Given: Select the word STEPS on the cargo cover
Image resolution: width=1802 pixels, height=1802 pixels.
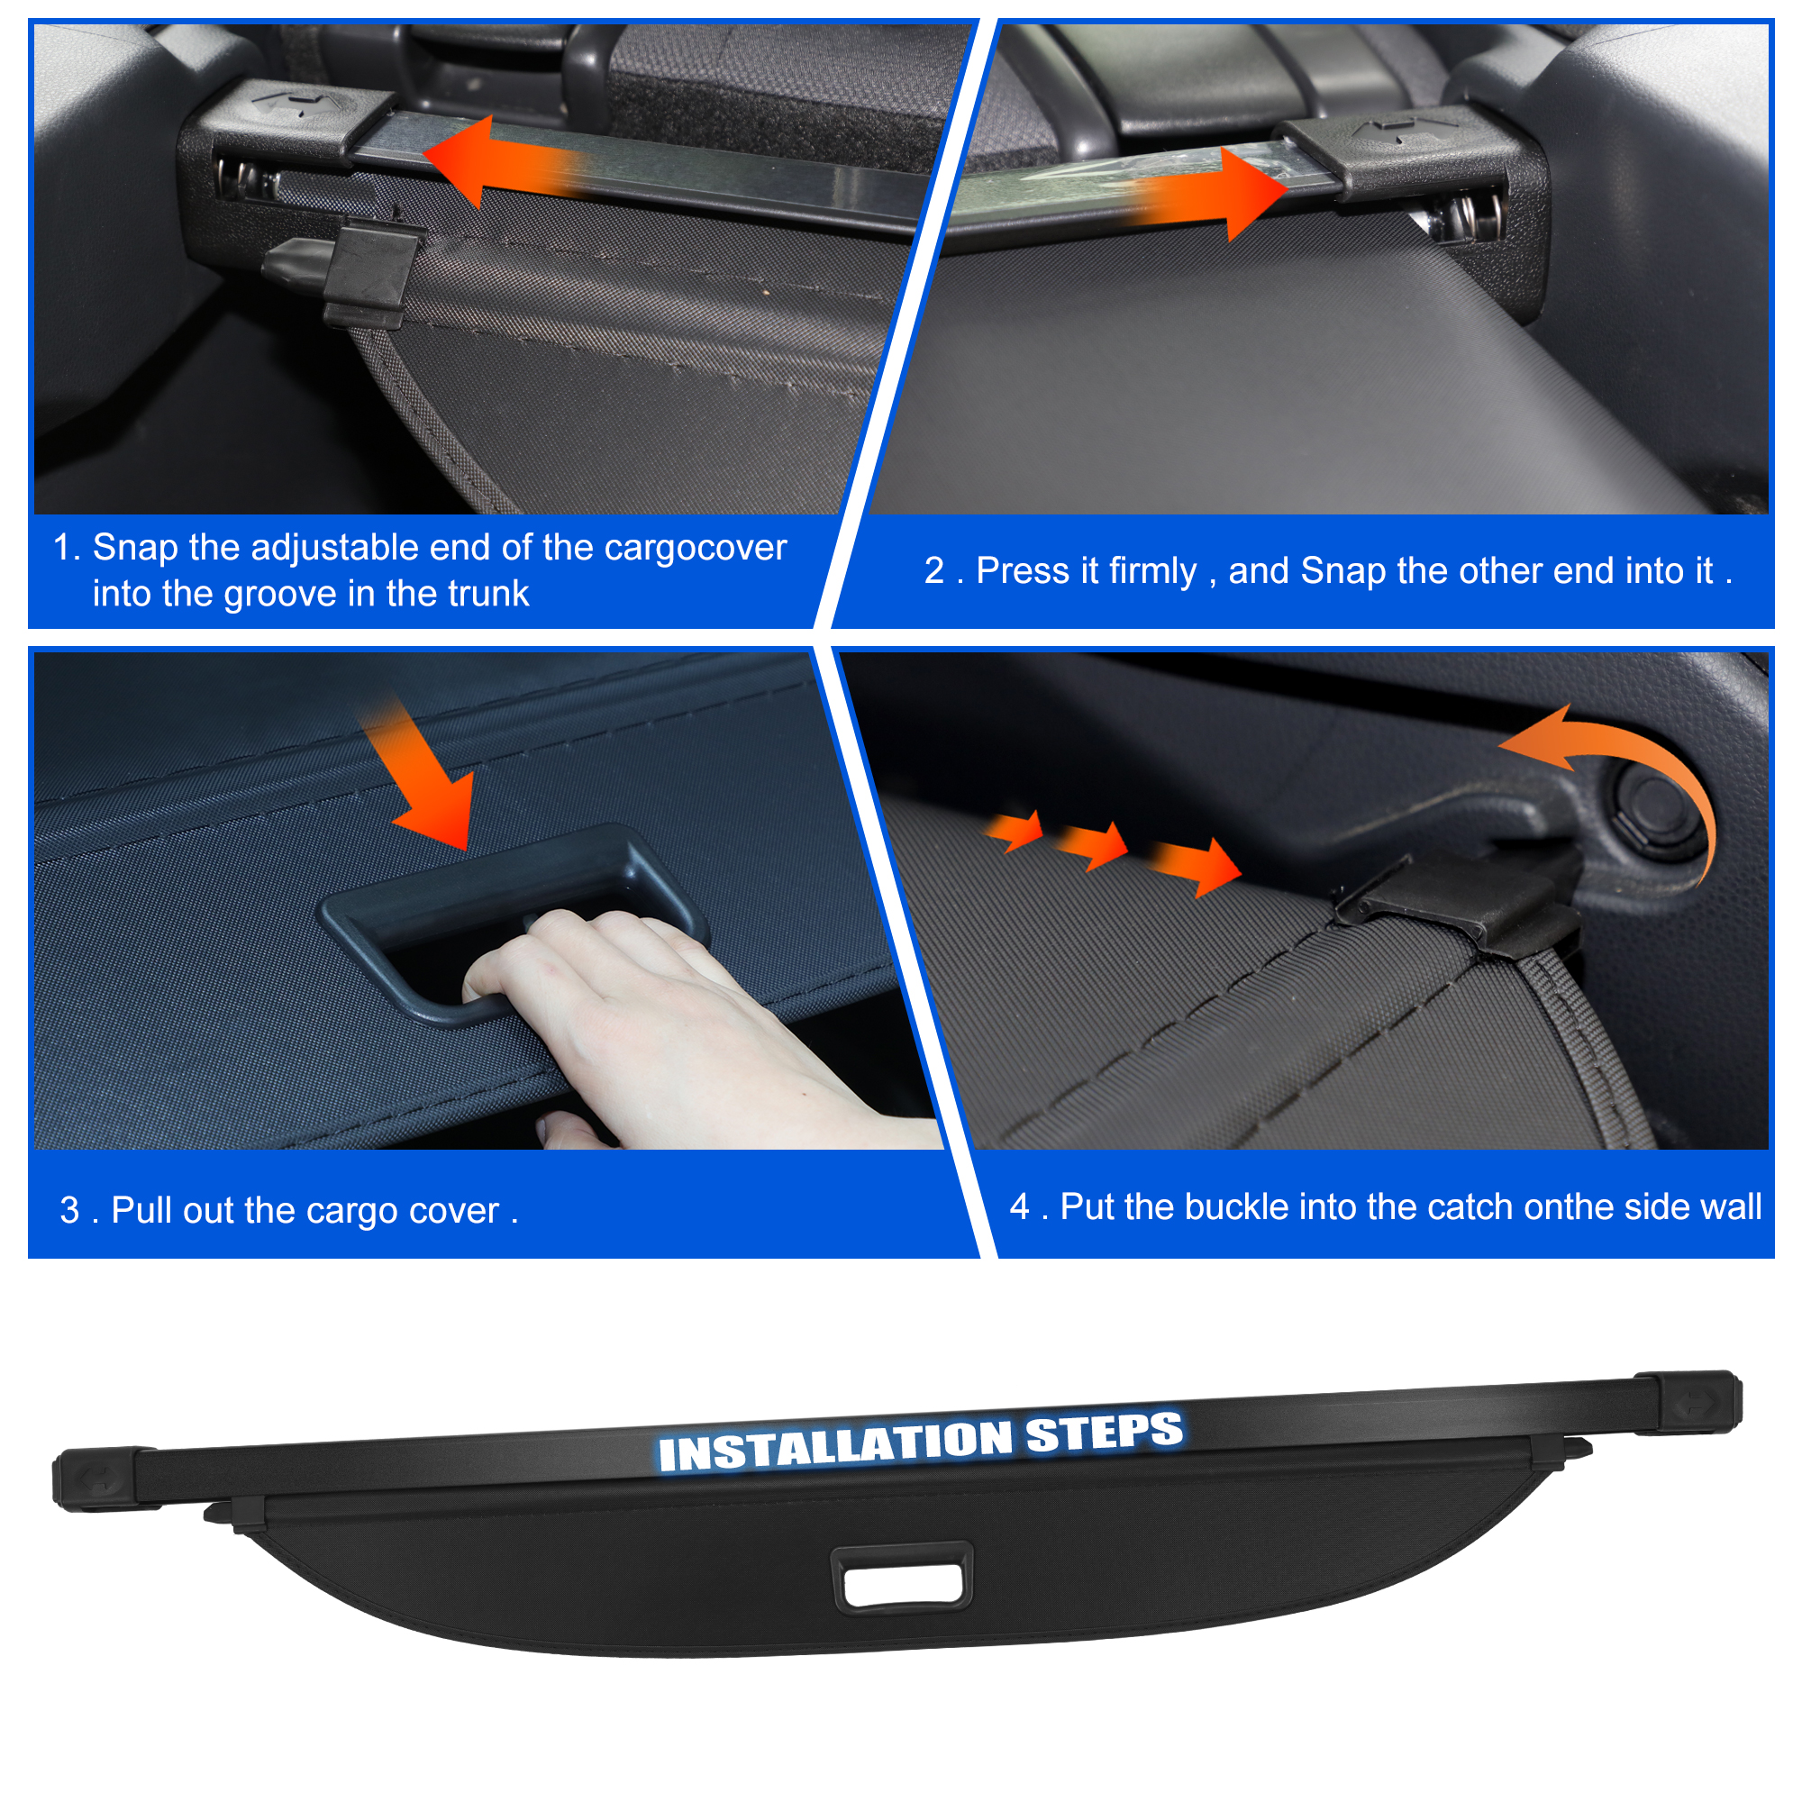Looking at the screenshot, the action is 1105,1432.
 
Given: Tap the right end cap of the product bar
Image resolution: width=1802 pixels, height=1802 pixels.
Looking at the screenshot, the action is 1689,1402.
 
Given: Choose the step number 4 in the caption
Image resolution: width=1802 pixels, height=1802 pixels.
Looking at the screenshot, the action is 1019,1207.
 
